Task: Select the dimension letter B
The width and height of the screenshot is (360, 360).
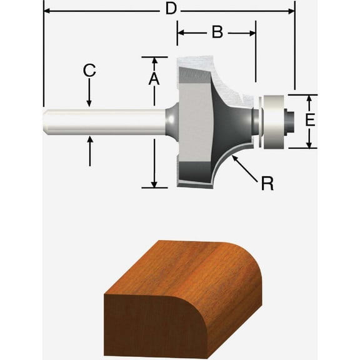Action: pos(217,32)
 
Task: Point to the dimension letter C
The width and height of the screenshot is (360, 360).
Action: pos(89,71)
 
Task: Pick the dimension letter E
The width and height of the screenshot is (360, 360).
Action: pos(309,120)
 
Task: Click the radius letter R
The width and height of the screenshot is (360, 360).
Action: pos(267,184)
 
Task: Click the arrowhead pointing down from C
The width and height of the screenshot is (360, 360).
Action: pos(89,102)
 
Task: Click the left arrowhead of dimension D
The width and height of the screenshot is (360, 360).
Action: pos(47,10)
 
